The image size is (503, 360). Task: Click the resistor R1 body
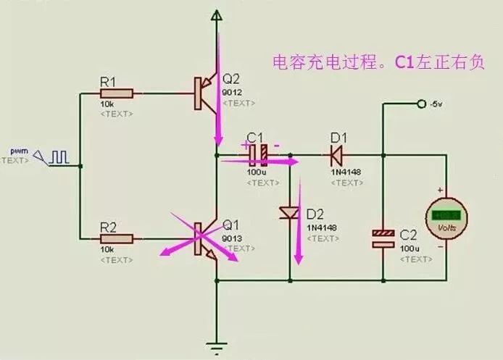[118, 93]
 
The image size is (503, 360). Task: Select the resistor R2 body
[118, 238]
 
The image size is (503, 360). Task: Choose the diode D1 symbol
[336, 154]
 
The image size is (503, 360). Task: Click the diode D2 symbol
[289, 213]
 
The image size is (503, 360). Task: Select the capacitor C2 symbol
[383, 238]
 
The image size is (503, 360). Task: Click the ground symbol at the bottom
[215, 346]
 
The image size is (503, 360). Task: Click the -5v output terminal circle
[421, 104]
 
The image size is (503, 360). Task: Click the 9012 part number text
[233, 93]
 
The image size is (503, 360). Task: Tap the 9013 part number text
[233, 238]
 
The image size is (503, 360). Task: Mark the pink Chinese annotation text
[377, 62]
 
